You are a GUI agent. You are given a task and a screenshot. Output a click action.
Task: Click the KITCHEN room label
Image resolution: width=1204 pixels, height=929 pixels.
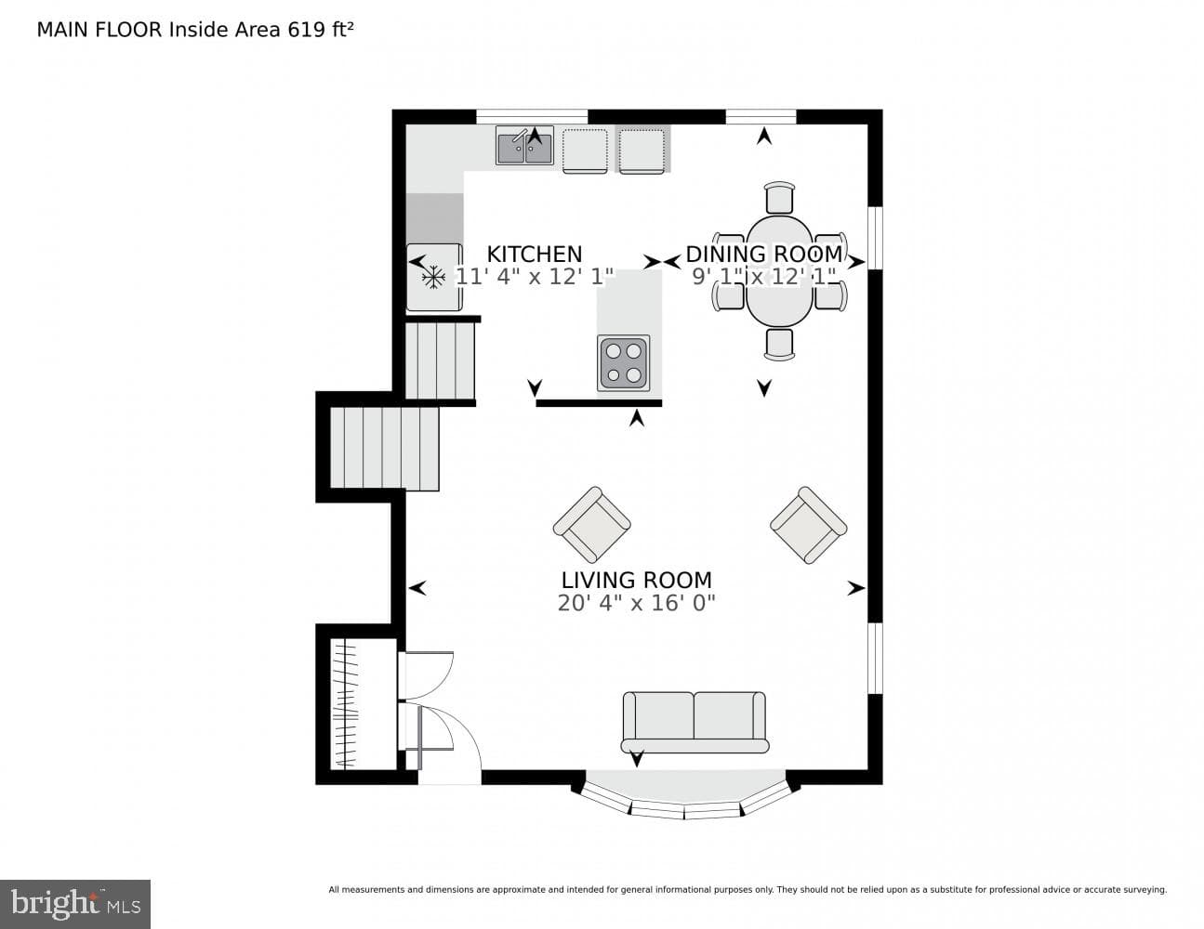534,255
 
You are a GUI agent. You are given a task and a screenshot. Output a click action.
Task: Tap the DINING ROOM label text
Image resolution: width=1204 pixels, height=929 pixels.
764,255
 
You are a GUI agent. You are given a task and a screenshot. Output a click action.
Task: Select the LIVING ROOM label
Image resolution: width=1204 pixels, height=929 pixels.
636,581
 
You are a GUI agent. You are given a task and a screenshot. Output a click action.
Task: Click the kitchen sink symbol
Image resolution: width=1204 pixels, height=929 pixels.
524,146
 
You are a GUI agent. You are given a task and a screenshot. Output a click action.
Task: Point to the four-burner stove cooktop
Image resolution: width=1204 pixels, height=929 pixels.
623,363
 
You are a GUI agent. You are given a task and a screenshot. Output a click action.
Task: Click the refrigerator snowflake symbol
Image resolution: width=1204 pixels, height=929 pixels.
433,277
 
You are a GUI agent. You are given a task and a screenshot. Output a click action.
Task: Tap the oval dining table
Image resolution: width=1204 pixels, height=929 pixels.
779,270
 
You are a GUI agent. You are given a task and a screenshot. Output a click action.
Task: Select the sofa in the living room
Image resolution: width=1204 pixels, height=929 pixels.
695,722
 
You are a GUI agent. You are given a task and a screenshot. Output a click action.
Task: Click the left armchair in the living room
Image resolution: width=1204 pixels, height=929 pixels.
591,525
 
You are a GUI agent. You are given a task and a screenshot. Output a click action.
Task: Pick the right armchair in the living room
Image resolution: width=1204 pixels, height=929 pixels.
808,525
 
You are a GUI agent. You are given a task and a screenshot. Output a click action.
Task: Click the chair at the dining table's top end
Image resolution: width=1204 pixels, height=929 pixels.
780,197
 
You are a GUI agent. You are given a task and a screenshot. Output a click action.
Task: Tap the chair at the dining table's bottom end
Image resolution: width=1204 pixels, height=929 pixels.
780,345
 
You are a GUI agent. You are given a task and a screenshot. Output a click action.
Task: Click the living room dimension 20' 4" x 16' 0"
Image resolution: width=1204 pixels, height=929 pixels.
636,603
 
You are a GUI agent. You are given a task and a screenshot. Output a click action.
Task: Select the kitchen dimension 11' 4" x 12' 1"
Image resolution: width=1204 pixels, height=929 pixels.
534,276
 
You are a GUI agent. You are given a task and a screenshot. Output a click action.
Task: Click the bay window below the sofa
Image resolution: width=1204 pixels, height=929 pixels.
685,798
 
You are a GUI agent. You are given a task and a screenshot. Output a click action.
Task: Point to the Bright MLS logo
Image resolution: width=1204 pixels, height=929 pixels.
75,904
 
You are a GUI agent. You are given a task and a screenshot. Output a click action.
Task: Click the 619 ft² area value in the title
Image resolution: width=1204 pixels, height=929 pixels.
320,30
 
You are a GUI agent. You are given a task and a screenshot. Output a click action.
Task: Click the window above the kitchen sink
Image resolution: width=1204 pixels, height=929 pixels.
532,117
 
